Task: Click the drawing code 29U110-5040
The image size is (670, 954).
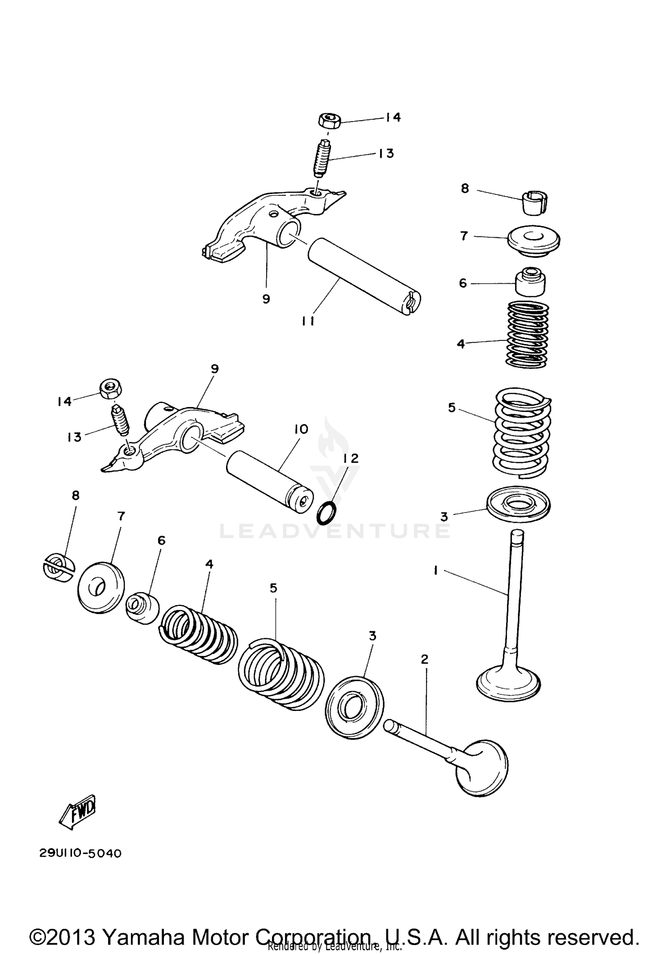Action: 80,853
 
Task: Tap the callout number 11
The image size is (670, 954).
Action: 308,321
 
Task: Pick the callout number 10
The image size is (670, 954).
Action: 301,429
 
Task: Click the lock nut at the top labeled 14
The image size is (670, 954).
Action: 330,121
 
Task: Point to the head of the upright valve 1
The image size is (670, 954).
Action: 508,684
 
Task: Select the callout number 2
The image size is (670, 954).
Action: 424,659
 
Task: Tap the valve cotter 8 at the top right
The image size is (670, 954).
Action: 536,203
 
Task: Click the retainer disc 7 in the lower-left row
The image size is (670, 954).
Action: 101,588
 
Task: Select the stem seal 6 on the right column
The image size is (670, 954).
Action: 530,282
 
